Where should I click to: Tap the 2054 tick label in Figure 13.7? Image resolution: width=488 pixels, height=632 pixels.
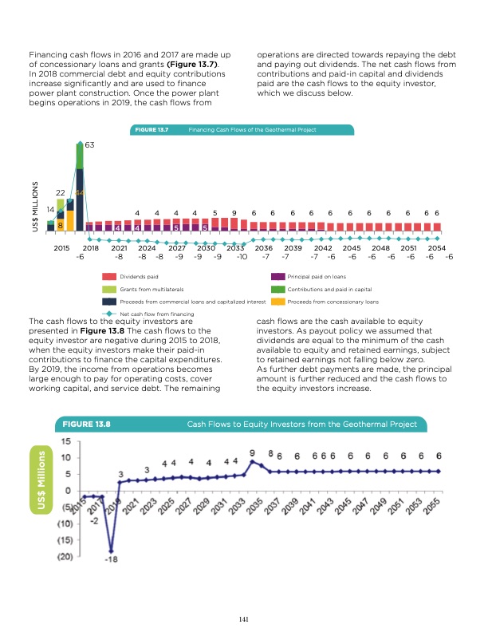[x=436, y=248]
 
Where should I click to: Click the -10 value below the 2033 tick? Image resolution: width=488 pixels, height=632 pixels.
[x=242, y=258]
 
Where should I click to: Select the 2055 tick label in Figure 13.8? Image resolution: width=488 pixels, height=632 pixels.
[x=433, y=508]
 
